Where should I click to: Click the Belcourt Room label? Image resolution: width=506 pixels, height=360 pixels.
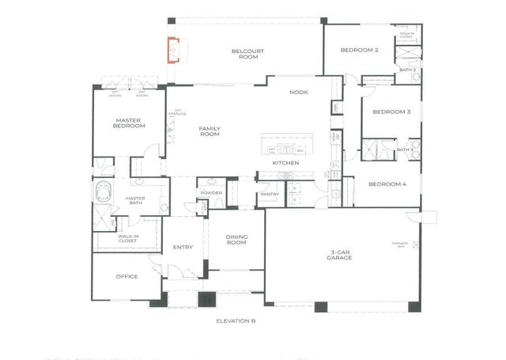pos(247,55)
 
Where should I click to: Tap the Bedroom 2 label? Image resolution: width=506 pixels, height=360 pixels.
pos(360,51)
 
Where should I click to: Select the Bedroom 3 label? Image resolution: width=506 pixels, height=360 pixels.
pos(391,112)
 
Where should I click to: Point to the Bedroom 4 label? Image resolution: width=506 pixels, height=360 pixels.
pos(387,184)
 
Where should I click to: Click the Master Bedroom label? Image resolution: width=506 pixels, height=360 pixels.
pos(128,122)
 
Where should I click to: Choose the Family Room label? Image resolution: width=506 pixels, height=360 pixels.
pos(210,132)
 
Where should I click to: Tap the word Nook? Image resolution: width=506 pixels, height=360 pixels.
pos(299,93)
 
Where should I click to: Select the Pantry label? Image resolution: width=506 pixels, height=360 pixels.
pos(270,194)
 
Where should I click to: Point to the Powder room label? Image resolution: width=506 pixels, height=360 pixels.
pos(211,193)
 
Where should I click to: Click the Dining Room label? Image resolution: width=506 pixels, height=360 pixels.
pos(237,241)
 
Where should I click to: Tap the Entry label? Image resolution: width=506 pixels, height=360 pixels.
pos(183,248)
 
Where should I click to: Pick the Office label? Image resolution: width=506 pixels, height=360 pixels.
pos(127,277)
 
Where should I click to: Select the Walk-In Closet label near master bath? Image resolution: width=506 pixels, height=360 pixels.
pos(129,238)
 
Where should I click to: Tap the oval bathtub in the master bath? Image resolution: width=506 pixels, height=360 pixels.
pos(104,193)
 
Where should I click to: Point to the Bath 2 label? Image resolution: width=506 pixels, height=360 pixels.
pos(407,70)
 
